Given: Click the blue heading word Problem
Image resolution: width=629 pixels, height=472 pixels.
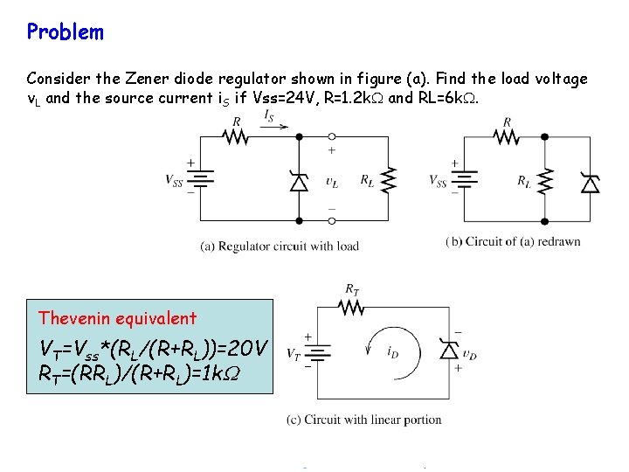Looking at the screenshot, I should coord(65,32).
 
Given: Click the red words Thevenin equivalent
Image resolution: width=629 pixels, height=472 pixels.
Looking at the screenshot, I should coord(117,318).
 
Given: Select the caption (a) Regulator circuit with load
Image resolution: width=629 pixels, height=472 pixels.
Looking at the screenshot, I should coord(280,246).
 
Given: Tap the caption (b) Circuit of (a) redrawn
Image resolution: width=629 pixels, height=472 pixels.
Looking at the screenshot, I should coord(513,241).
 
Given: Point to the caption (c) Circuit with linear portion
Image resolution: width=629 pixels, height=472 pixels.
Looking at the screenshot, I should coord(363,420).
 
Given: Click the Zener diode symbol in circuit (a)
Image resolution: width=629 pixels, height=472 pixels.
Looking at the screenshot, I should coord(299,182).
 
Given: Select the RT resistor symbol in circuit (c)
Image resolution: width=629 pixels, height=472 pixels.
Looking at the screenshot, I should coord(351,307).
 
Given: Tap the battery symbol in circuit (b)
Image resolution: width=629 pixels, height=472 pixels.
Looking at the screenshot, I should coord(462,180).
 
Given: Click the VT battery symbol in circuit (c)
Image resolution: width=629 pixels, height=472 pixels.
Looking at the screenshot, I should coord(318,353).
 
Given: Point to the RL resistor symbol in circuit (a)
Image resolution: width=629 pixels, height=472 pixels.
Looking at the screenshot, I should coord(389,180).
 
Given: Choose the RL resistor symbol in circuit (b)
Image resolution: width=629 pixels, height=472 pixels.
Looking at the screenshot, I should coord(544,182).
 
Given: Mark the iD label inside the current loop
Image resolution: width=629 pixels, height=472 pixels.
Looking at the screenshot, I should coord(392,352).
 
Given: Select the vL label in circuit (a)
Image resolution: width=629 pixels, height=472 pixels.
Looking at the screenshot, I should coord(332,182).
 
